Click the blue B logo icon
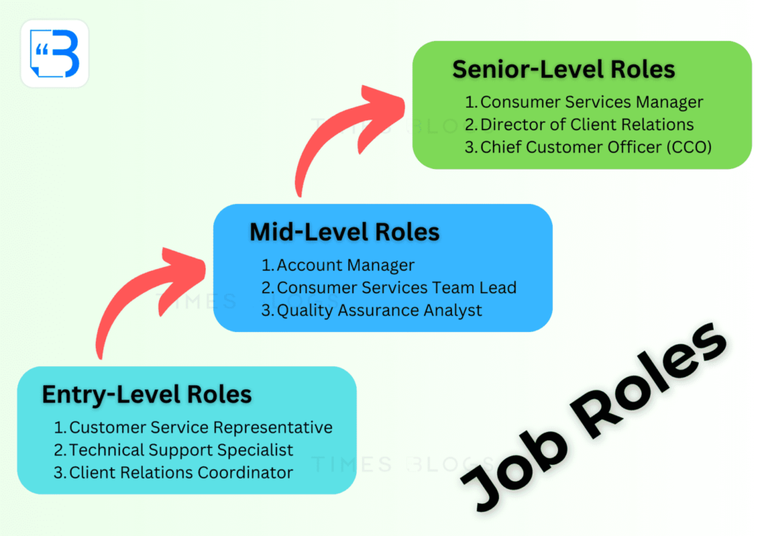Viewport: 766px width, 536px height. click(54, 54)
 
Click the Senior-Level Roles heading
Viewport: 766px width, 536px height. click(563, 70)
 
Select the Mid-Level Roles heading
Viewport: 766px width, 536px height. click(344, 232)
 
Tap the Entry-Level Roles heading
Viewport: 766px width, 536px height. click(147, 395)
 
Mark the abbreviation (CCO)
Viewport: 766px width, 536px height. click(689, 147)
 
